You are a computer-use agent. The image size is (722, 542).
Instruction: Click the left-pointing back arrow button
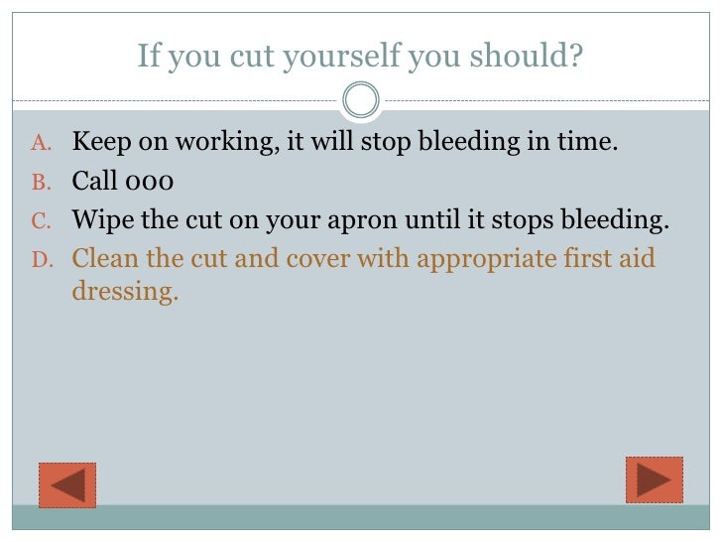(66, 484)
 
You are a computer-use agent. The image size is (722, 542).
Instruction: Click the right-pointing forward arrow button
(655, 479)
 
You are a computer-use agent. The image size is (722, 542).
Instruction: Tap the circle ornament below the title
(360, 99)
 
